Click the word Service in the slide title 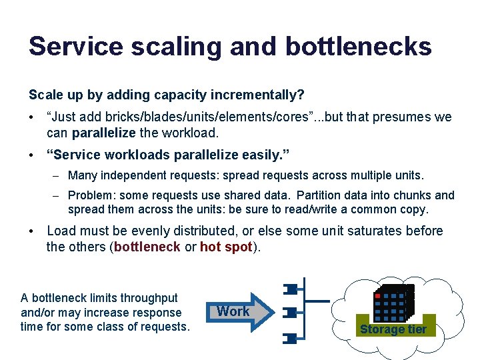pyautogui.click(x=75, y=47)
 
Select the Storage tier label pyautogui.click(x=393, y=329)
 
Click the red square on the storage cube pyautogui.click(x=377, y=295)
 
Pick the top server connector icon pyautogui.click(x=291, y=289)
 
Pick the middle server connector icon pyautogui.click(x=291, y=312)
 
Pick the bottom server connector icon pyautogui.click(x=291, y=339)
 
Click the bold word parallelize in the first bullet pyautogui.click(x=102, y=133)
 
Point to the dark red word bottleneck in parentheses pyautogui.click(x=147, y=247)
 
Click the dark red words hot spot pyautogui.click(x=226, y=247)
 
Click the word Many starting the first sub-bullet pyautogui.click(x=81, y=176)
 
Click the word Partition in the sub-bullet pyautogui.click(x=320, y=195)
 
